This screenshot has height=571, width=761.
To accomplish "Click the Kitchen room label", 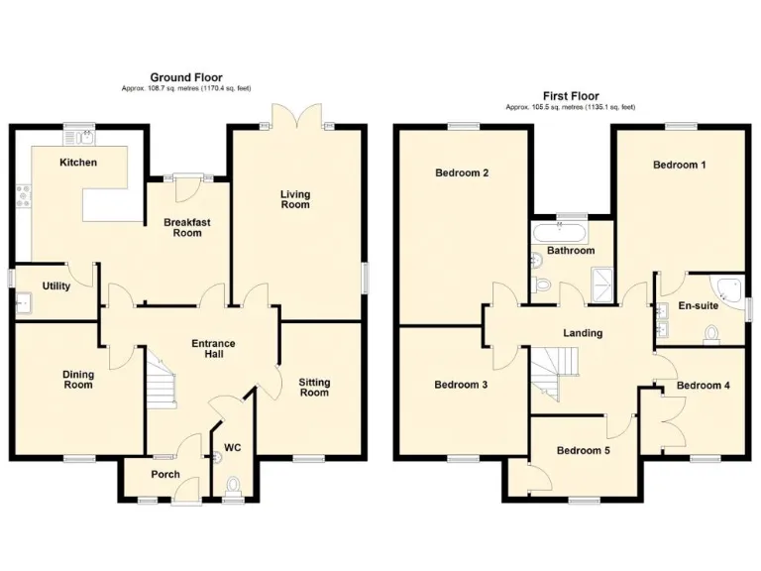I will pos(78,162).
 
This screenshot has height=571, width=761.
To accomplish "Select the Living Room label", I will pos(295,199).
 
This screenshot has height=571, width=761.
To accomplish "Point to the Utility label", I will pos(55,285).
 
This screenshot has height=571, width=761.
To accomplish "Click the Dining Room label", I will pos(77,379).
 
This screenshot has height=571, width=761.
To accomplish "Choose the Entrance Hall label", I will pos(213,349).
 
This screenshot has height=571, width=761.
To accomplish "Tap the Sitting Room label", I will pos(314,387).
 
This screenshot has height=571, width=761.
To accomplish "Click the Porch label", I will pos(165,474).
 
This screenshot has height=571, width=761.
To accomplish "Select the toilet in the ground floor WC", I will pos(233,485).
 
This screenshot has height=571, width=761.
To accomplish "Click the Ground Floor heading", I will pos(185,76).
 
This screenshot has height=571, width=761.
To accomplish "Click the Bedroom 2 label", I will pos(462,172).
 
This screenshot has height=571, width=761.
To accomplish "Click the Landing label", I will pos(583,333).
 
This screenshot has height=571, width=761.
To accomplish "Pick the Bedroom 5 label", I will pos(583,450).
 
